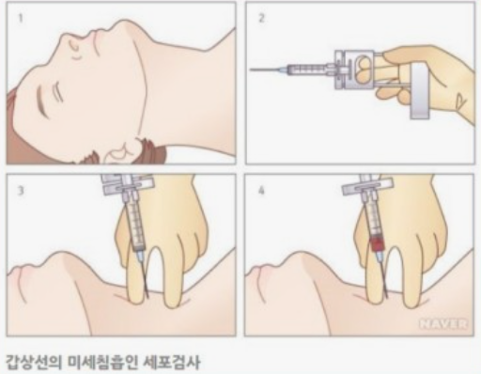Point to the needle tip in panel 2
pyautogui.click(x=252, y=70)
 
